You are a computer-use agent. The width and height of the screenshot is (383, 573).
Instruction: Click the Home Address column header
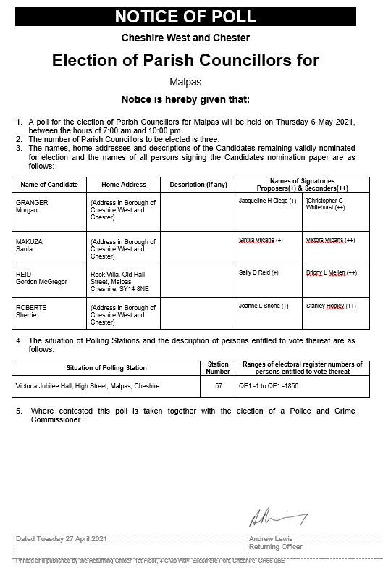point(123,185)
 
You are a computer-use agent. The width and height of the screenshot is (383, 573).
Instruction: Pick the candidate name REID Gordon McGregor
point(40,279)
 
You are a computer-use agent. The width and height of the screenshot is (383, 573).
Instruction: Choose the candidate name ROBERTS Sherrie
point(32,311)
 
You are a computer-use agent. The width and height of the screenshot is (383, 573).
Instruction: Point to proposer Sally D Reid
point(258,272)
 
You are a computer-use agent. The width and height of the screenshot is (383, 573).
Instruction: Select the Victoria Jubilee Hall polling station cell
point(87,385)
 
